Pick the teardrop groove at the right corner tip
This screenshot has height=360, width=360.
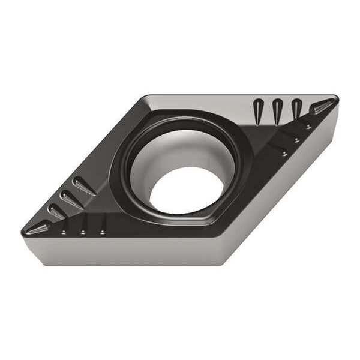pos(320,107)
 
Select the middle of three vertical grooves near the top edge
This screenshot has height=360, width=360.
pos(277,110)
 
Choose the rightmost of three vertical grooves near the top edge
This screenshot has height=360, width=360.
pos(296,109)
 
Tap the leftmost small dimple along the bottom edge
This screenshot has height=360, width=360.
pos(65,231)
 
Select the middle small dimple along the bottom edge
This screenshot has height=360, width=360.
pos(83,230)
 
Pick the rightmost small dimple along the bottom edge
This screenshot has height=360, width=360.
pos(103,230)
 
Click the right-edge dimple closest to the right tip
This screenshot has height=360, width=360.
pos(308,126)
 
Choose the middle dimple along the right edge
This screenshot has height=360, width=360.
pos(296,139)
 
